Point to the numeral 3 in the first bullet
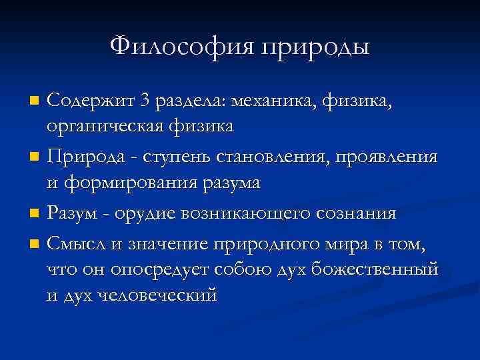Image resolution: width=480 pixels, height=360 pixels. pos(145,101)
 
